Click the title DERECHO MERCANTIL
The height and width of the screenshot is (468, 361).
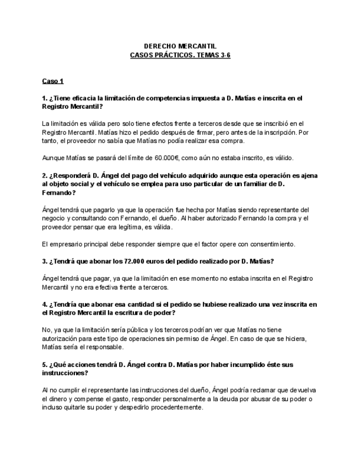coord(180,46)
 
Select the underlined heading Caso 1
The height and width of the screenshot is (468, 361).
coord(53,81)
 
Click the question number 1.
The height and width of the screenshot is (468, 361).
coord(44,98)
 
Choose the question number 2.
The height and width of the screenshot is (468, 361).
coord(44,175)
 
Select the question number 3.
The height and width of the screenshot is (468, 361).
coord(44,260)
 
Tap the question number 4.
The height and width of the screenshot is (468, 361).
coord(44,304)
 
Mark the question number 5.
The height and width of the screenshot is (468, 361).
coord(44,364)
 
